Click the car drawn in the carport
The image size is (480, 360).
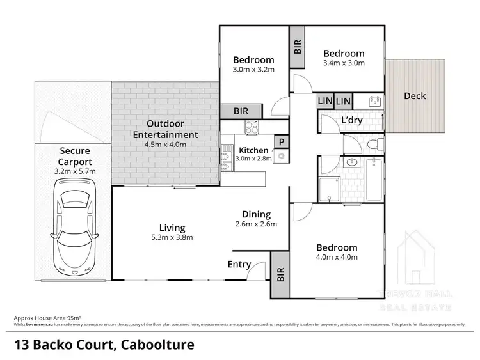[x=75, y=227]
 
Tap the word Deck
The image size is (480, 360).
[x=415, y=97]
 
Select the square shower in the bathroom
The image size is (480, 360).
[x=330, y=189]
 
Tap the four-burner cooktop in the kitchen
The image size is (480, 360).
[x=250, y=127]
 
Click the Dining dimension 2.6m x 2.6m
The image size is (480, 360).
[x=256, y=224]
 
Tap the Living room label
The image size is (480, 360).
[x=173, y=228]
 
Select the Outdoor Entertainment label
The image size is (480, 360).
[x=165, y=129]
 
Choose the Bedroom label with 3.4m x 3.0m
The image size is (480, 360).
[x=343, y=54]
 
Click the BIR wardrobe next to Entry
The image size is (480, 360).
[x=280, y=274]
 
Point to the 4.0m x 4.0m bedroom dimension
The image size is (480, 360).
[x=336, y=257]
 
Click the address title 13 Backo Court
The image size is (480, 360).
[x=103, y=345]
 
